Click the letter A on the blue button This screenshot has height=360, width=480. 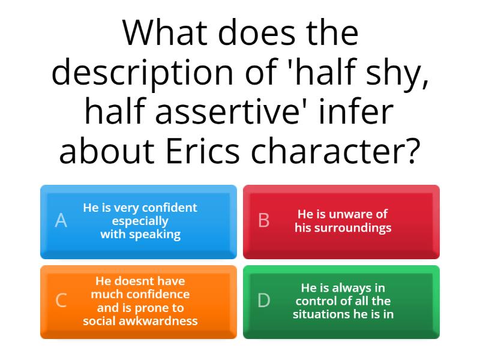click(x=61, y=221)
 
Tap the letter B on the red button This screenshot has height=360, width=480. click(x=263, y=221)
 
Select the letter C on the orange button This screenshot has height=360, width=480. click(x=61, y=301)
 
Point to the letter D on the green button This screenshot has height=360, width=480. click(x=263, y=301)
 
